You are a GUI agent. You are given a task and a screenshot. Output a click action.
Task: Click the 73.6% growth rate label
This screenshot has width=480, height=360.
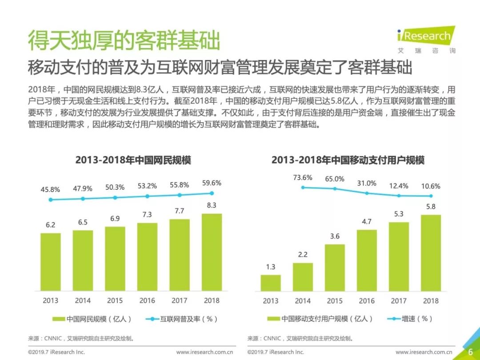coord(303,178)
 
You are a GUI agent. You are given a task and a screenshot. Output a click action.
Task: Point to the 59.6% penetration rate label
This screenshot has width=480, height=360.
coord(212,183)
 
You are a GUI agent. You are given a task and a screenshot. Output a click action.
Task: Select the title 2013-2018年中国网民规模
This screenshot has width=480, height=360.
coord(133,160)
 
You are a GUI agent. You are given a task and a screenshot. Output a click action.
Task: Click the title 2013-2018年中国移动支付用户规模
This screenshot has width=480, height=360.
coord(348,160)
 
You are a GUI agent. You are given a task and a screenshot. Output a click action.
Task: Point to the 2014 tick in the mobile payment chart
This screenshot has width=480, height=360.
coord(303,301)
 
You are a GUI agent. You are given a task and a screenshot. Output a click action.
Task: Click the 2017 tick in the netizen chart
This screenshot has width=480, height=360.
coord(179,300)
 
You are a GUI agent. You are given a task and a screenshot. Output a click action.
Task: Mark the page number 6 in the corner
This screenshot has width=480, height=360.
coord(470,352)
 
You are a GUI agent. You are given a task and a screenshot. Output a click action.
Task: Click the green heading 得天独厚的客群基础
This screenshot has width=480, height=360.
coord(124,41)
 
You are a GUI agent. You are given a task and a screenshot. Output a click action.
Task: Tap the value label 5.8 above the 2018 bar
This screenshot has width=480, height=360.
coord(431,207)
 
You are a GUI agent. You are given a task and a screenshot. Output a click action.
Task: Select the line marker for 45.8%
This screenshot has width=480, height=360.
coord(51,200)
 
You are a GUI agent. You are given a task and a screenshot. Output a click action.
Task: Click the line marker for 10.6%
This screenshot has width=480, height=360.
coord(431,196)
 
